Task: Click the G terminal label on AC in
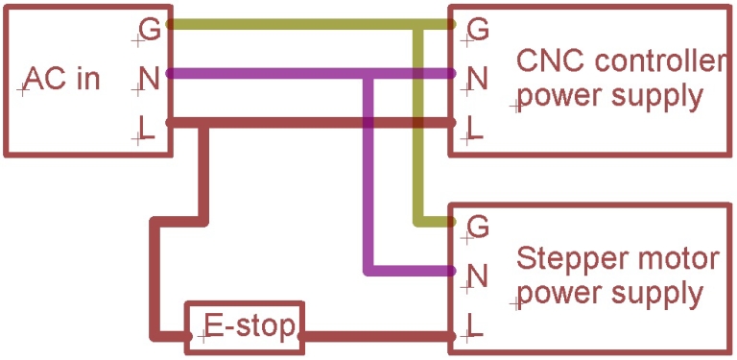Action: [149, 30]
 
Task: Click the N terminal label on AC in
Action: [149, 78]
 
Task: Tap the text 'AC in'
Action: [61, 78]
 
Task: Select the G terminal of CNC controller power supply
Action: [477, 30]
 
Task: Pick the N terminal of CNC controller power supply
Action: [477, 76]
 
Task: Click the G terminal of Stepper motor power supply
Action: [477, 228]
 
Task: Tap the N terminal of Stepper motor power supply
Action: [477, 276]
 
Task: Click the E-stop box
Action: [244, 328]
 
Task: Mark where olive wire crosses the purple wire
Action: [419, 73]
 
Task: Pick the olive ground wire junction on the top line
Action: [419, 26]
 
